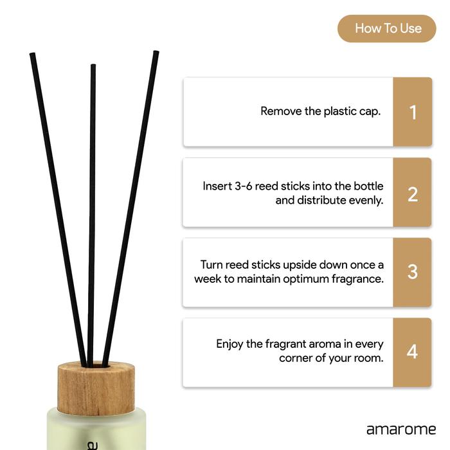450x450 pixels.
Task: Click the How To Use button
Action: pos(386,29)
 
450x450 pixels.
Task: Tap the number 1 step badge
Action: pos(413,112)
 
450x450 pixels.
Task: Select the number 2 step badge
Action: pos(412,192)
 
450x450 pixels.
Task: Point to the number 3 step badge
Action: pos(412,273)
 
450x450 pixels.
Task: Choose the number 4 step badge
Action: pos(412,352)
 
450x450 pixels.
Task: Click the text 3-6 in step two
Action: pos(244,186)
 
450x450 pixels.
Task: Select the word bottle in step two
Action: pos(368,186)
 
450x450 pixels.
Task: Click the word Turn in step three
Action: pos(212,265)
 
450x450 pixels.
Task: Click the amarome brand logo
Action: pos(401,429)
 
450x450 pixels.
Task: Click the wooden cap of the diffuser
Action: pos(96,388)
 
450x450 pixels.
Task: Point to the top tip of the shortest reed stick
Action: pos(93,65)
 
